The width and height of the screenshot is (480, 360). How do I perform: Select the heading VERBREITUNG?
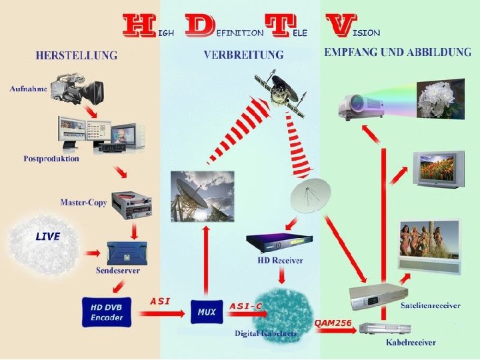[x=243, y=55]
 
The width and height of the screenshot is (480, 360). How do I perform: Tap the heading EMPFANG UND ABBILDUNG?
[x=397, y=53]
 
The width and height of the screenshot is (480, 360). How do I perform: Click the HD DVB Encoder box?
[x=107, y=311]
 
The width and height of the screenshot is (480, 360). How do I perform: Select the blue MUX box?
[x=207, y=311]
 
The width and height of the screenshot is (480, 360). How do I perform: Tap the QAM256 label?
[x=333, y=322]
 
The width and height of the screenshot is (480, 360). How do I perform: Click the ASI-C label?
[x=246, y=306]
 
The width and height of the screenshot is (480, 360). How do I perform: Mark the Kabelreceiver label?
[x=411, y=343]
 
